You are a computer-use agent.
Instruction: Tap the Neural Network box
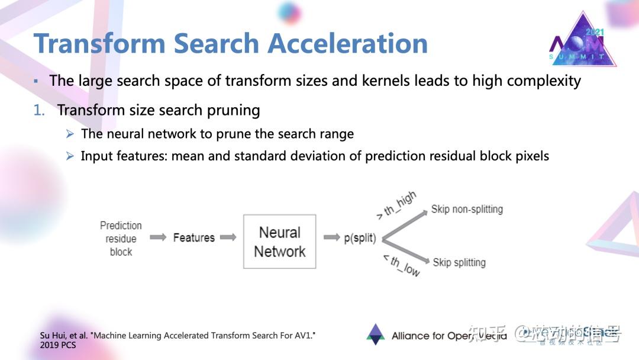click(280, 242)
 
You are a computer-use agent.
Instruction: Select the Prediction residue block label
click(121, 239)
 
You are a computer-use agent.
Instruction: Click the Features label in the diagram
click(193, 238)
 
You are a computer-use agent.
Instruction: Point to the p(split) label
click(360, 238)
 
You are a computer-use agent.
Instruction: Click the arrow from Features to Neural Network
click(228, 237)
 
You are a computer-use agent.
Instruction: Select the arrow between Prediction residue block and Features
click(157, 237)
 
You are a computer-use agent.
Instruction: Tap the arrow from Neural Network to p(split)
click(331, 237)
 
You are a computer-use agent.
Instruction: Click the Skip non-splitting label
click(467, 209)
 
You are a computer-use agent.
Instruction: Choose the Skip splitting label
click(459, 262)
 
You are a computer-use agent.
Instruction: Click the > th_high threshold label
click(396, 205)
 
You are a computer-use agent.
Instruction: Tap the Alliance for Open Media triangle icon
click(375, 335)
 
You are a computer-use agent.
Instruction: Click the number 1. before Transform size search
click(39, 110)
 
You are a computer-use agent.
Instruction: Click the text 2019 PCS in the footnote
click(58, 345)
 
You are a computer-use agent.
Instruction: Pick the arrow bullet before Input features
click(70, 156)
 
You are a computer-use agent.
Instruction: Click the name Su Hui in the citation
click(51, 335)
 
